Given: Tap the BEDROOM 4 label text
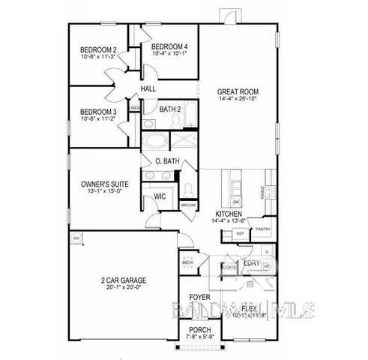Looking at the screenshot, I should (169, 46).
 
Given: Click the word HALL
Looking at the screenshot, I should (148, 89).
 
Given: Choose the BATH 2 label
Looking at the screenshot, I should (170, 109).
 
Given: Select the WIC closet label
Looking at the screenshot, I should (160, 196).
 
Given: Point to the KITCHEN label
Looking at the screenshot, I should (229, 214).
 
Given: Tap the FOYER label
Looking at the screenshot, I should (199, 297).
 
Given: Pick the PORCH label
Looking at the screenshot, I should (199, 329).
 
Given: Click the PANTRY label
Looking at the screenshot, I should (262, 229).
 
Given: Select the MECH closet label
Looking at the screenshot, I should (187, 263).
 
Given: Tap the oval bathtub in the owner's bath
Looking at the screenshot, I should (157, 142).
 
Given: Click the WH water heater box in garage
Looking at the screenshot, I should (76, 238).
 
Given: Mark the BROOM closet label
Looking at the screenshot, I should (187, 205).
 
